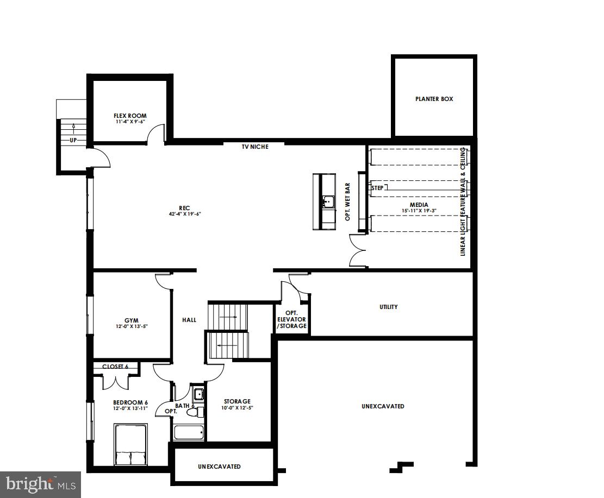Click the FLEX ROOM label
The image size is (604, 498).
(130, 116)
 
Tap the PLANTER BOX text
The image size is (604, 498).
(434, 99)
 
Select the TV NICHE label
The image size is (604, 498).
(255, 147)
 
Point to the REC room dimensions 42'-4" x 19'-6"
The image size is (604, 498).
(184, 214)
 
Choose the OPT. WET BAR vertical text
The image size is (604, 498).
(347, 201)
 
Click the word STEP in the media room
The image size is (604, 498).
(377, 188)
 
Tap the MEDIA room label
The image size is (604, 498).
(419, 205)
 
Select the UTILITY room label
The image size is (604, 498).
(388, 307)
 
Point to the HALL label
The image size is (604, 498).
(189, 320)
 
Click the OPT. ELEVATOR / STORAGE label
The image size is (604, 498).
(292, 320)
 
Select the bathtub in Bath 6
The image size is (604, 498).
(189, 433)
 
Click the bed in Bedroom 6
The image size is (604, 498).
(130, 445)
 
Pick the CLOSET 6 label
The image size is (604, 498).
(115, 367)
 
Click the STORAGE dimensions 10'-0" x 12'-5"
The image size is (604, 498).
(237, 408)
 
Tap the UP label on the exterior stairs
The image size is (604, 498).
(73, 140)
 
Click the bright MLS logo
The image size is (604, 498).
(40, 482)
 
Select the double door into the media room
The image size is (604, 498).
(358, 250)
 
